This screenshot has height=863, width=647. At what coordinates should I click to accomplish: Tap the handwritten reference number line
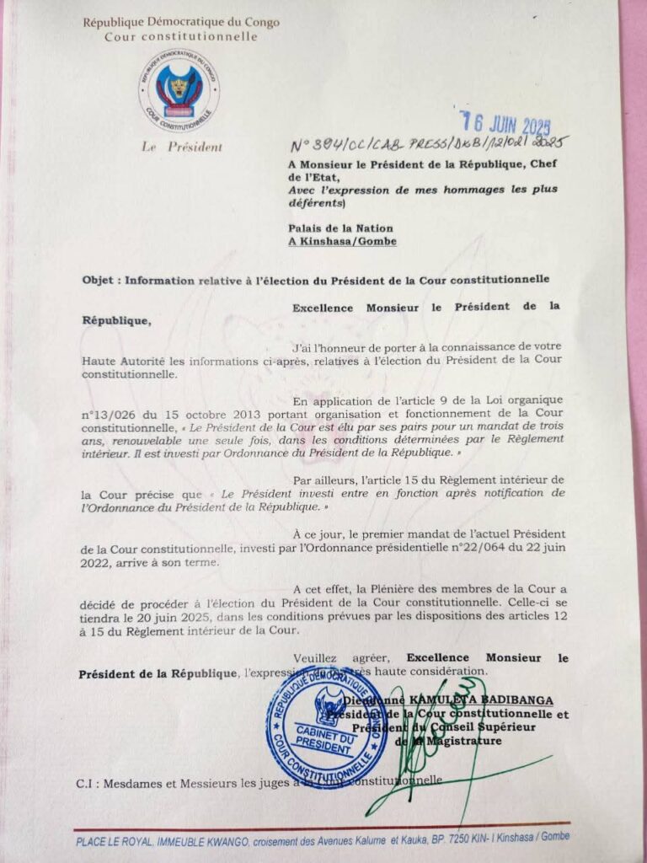pos(430,143)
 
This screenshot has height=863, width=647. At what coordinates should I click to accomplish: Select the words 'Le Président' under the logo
pos(184,147)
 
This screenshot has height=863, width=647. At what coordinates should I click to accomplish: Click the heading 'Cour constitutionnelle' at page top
pos(181,37)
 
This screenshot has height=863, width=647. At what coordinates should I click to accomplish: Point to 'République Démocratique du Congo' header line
pos(181,23)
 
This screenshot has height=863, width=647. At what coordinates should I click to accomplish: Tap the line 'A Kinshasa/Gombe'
pos(341,241)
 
